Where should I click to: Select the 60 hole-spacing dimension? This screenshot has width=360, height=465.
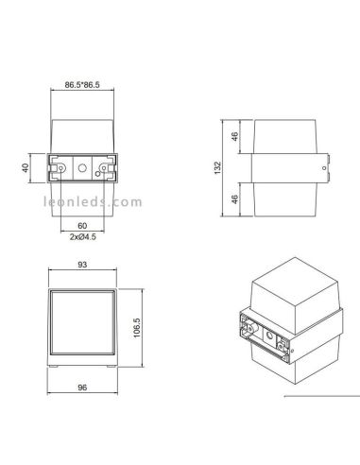tap(83, 228)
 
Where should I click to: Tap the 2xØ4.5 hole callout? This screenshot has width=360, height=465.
tap(83, 239)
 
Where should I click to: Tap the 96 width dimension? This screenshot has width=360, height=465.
tap(83, 388)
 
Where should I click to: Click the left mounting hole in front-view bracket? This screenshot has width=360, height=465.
tap(62, 171)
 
